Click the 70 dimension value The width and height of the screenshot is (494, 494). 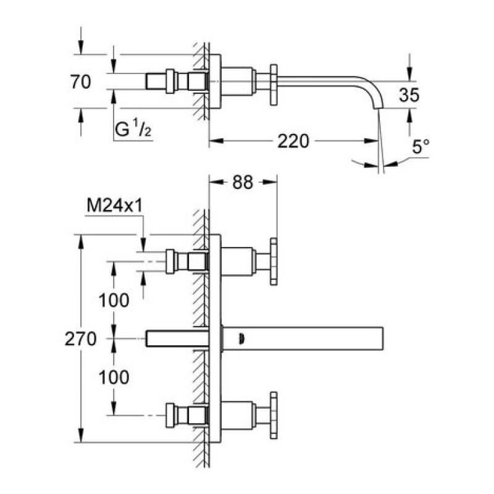point(82,82)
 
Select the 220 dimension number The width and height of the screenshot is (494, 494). point(292,141)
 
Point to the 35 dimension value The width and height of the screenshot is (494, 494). point(409,94)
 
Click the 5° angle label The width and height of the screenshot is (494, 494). point(421,146)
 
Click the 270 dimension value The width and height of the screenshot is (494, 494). point(82,339)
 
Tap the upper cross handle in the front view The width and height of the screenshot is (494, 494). point(272,261)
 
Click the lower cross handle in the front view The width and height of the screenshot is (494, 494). point(272,414)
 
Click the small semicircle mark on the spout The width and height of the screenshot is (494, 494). point(241,338)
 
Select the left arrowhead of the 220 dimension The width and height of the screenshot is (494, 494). point(214,141)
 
